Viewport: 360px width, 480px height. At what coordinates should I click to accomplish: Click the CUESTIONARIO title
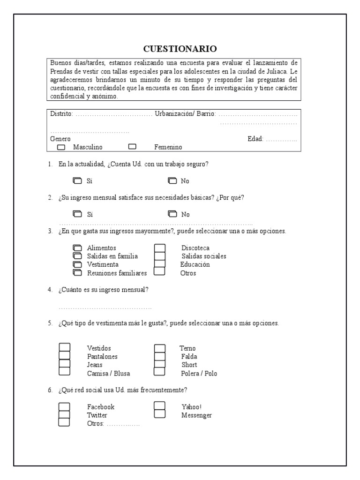[x=180, y=49]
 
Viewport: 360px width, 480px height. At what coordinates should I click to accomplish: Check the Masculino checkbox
[x=61, y=147]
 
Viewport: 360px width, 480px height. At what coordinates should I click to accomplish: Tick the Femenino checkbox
[x=132, y=147]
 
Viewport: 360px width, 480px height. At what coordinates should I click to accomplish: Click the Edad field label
[x=255, y=139]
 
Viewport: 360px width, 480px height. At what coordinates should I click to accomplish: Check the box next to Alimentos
[x=77, y=247]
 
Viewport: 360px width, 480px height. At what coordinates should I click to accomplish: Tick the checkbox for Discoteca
[x=160, y=248]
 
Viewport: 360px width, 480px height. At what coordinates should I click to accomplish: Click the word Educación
[x=195, y=264]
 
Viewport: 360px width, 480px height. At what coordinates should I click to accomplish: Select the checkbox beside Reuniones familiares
[x=77, y=273]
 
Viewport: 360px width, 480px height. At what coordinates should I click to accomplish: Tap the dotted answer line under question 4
[x=105, y=308]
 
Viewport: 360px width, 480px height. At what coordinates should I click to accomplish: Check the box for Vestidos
[x=64, y=348]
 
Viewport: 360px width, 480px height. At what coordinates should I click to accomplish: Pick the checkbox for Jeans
[x=64, y=364]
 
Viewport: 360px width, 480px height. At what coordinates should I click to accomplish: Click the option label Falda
[x=189, y=357]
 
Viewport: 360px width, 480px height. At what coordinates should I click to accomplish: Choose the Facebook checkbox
[x=64, y=407]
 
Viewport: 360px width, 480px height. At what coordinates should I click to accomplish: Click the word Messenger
[x=196, y=415]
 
